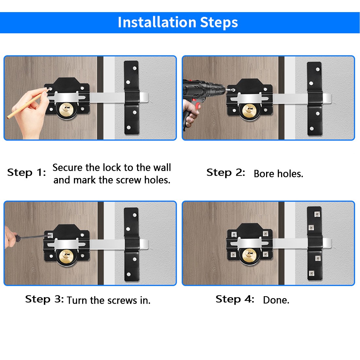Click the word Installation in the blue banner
coord(157,22)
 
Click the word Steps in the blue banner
coord(219,23)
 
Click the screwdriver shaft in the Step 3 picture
coord(34,237)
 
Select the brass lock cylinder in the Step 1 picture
coord(67,110)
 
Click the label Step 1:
coord(27,172)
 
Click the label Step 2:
coord(226,172)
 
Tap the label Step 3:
coord(44,299)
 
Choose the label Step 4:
coord(235,299)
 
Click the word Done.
coord(276,300)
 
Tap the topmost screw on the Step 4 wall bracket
coord(317,214)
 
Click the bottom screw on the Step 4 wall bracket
coord(311,273)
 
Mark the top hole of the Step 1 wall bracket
coord(135,68)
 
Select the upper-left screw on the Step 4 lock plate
coord(234,234)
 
